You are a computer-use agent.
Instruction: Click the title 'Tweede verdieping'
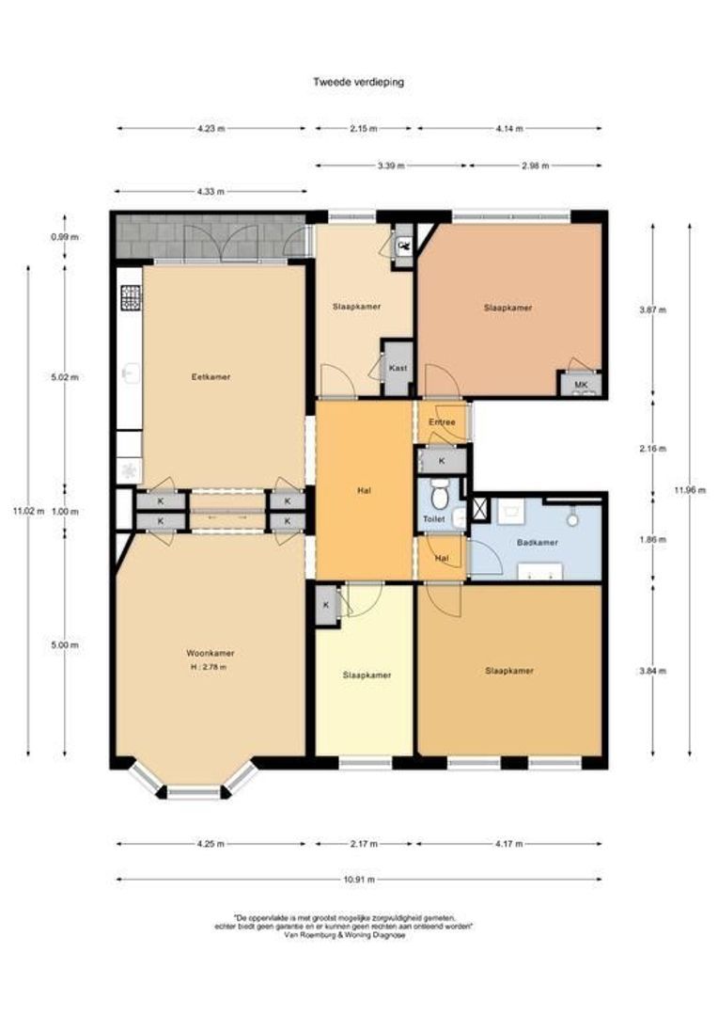pyautogui.click(x=358, y=82)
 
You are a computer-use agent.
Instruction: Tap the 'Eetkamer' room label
pyautogui.click(x=211, y=376)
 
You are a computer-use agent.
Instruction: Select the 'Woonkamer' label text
pyautogui.click(x=211, y=653)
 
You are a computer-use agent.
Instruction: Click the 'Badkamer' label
pyautogui.click(x=534, y=543)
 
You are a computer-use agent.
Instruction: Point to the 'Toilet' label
pyautogui.click(x=433, y=518)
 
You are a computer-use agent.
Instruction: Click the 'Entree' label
pyautogui.click(x=442, y=422)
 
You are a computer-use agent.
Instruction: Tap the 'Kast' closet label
pyautogui.click(x=398, y=368)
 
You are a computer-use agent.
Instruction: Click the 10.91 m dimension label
pyautogui.click(x=359, y=880)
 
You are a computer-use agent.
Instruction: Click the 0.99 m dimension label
pyautogui.click(x=65, y=237)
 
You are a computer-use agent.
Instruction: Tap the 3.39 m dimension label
pyautogui.click(x=390, y=166)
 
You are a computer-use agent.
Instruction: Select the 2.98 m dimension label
pyautogui.click(x=536, y=166)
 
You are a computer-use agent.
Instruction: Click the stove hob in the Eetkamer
pyautogui.click(x=130, y=298)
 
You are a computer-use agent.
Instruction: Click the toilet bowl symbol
pyautogui.click(x=437, y=492)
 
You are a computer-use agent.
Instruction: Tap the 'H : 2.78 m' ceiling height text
pyautogui.click(x=208, y=666)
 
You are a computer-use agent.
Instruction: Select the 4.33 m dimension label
pyautogui.click(x=211, y=192)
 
